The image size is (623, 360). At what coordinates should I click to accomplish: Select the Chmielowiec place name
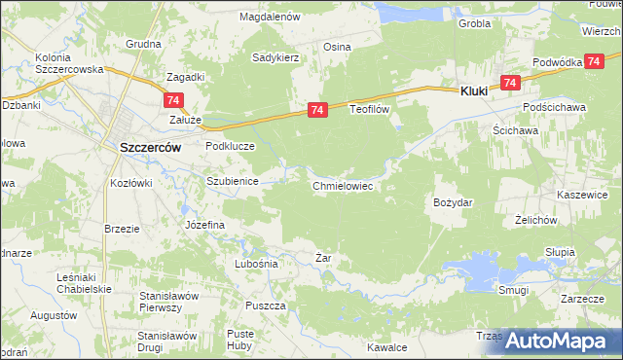click(343, 186)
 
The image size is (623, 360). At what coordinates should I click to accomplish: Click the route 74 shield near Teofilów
click(317, 112)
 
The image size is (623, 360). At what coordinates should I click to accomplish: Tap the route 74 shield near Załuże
click(173, 100)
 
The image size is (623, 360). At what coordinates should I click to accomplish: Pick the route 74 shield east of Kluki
click(509, 84)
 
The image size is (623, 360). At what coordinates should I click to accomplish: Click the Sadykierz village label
click(275, 58)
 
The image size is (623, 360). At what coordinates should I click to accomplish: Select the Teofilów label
click(369, 110)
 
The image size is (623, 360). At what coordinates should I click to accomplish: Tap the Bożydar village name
click(452, 202)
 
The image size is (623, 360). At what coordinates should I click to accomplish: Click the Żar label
click(324, 258)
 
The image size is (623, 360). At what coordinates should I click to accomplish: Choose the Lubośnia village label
click(257, 264)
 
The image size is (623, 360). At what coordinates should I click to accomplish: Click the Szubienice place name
click(231, 182)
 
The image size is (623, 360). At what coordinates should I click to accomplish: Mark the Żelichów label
click(535, 220)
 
